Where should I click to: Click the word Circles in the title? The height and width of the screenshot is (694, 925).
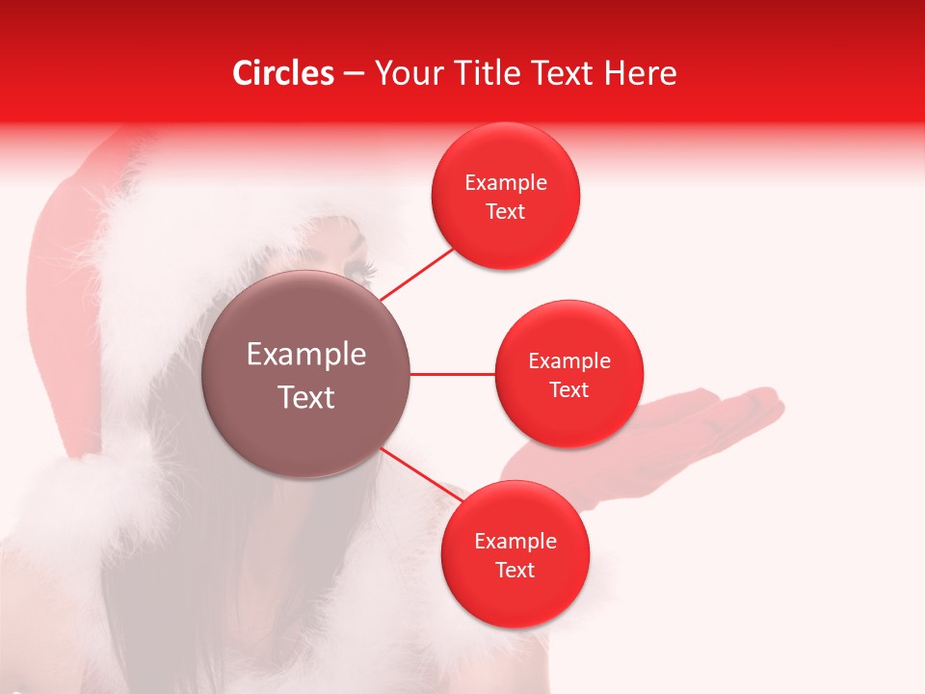283,73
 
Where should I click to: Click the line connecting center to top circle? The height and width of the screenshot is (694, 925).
416,274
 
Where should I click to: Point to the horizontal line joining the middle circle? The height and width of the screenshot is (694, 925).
452,374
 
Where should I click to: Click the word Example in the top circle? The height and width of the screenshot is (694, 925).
506,183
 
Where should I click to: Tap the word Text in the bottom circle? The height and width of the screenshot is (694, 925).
515,571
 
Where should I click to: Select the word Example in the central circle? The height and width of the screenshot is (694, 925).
306,355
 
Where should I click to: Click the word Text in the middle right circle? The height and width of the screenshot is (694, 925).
568,390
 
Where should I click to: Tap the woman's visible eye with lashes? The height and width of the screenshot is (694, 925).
359,268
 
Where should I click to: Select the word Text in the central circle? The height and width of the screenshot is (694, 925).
306,397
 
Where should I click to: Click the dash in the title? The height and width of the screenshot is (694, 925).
354,74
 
